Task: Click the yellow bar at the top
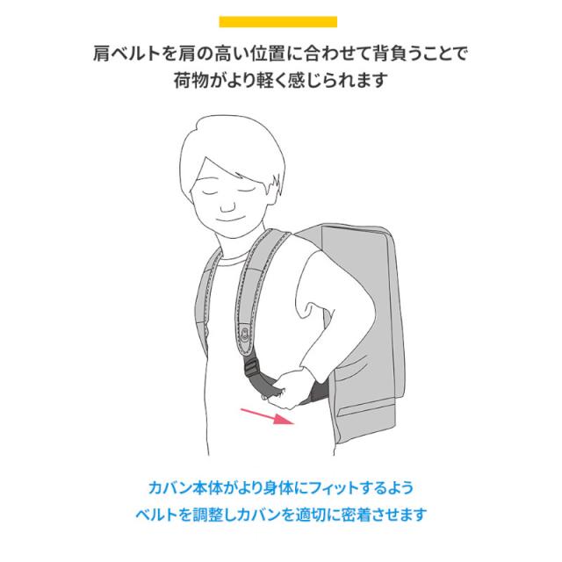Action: [280, 22]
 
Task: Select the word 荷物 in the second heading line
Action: [191, 81]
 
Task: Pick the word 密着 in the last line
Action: [375, 513]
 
